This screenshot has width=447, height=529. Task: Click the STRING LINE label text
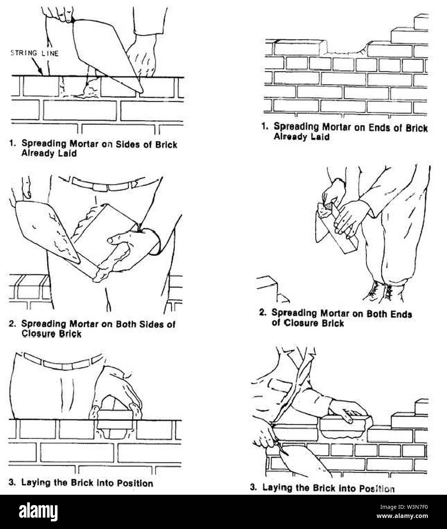coord(35,53)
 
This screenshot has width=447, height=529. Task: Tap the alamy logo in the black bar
coord(38,512)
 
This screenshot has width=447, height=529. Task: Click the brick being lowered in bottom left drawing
coord(115,419)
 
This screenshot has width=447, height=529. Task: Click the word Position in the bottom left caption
coord(135,483)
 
